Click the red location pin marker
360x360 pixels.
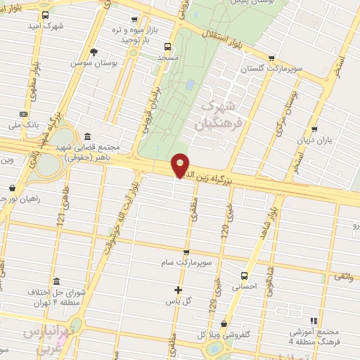[181, 165]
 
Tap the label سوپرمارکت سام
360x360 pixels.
[186, 262]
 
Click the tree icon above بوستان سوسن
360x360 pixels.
[94, 51]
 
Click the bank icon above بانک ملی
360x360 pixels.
[23, 114]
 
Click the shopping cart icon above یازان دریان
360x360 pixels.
[314, 129]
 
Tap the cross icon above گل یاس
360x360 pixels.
[178, 289]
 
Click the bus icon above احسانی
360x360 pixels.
[244, 276]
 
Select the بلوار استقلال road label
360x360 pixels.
[215, 31]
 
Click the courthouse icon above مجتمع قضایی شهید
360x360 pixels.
[86, 137]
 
